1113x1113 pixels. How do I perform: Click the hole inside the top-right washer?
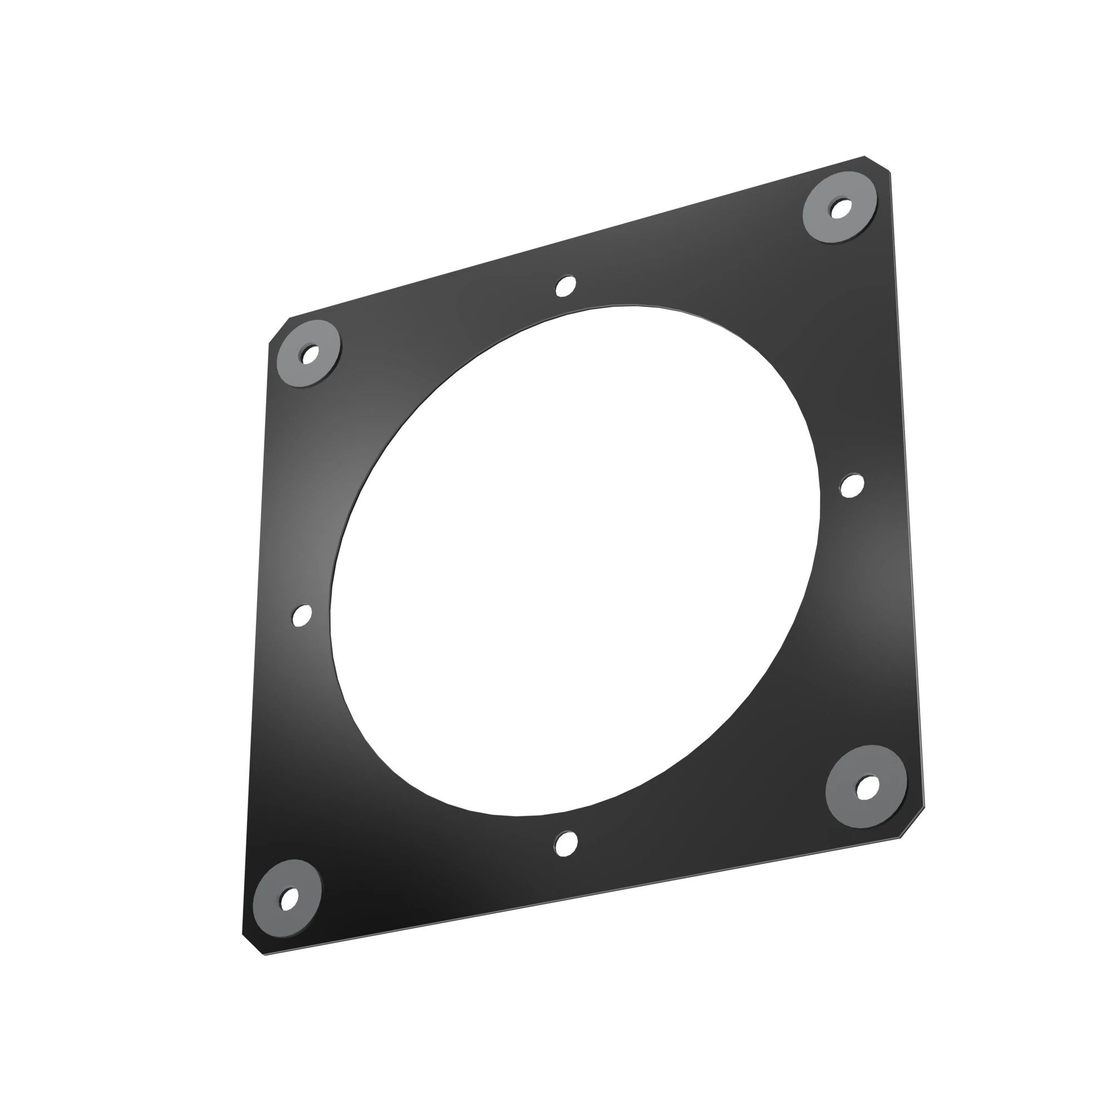[840, 208]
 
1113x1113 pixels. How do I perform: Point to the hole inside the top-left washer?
[310, 354]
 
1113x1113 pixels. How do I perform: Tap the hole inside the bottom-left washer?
[289, 899]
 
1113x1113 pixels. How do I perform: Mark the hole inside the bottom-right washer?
[868, 787]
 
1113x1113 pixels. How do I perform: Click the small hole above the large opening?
[566, 285]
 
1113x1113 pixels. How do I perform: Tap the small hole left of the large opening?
[302, 616]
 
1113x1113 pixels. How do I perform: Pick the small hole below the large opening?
[567, 844]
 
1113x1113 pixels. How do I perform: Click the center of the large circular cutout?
[575, 560]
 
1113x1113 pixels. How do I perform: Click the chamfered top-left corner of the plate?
[279, 331]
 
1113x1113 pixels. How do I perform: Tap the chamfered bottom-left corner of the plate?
[253, 944]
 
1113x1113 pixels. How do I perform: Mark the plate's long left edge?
[256, 634]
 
